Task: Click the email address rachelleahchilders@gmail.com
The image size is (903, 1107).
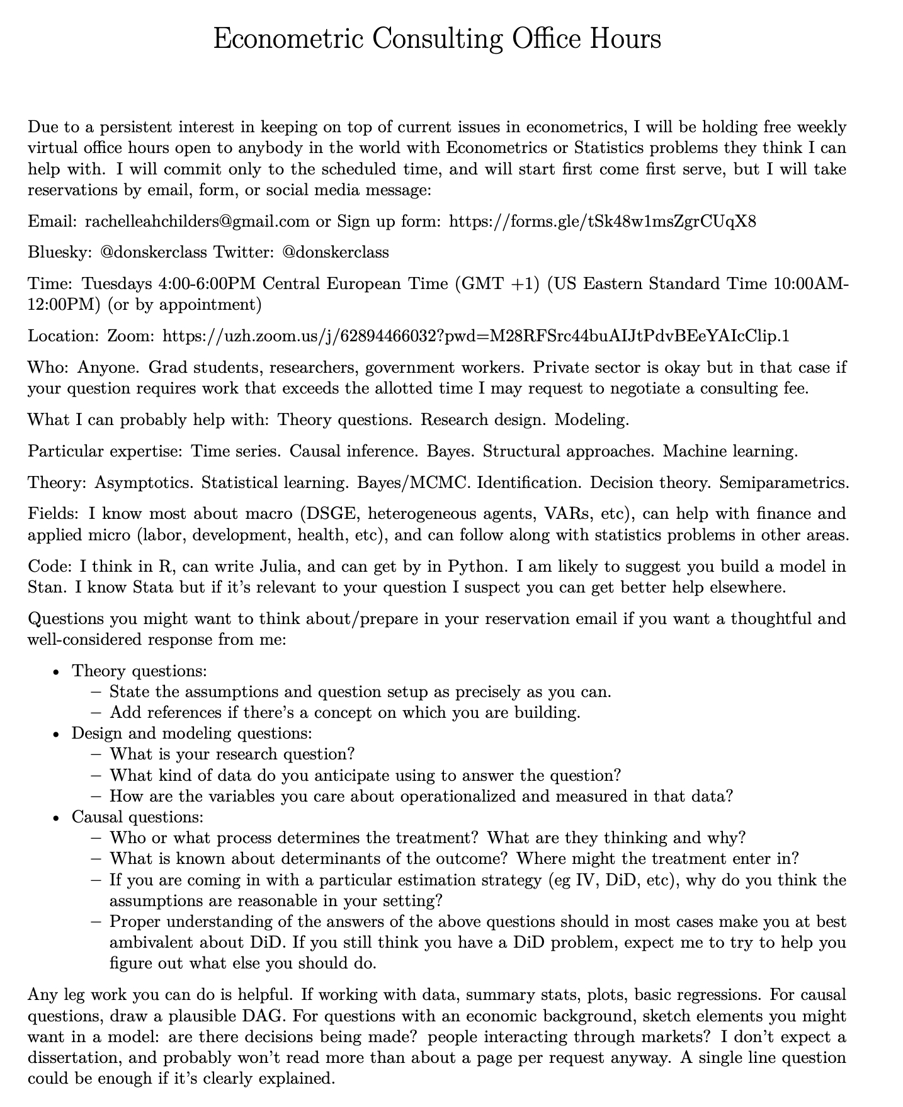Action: pyautogui.click(x=197, y=221)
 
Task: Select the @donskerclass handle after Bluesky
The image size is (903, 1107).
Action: pyautogui.click(x=154, y=253)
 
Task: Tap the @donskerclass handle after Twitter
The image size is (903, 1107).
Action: pyautogui.click(x=336, y=253)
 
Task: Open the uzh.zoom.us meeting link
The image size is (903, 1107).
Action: pyautogui.click(x=475, y=336)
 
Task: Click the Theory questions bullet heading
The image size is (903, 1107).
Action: pyautogui.click(x=139, y=671)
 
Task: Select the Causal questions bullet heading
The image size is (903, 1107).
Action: pyautogui.click(x=138, y=817)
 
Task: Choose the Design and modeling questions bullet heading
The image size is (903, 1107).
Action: pyautogui.click(x=192, y=734)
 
